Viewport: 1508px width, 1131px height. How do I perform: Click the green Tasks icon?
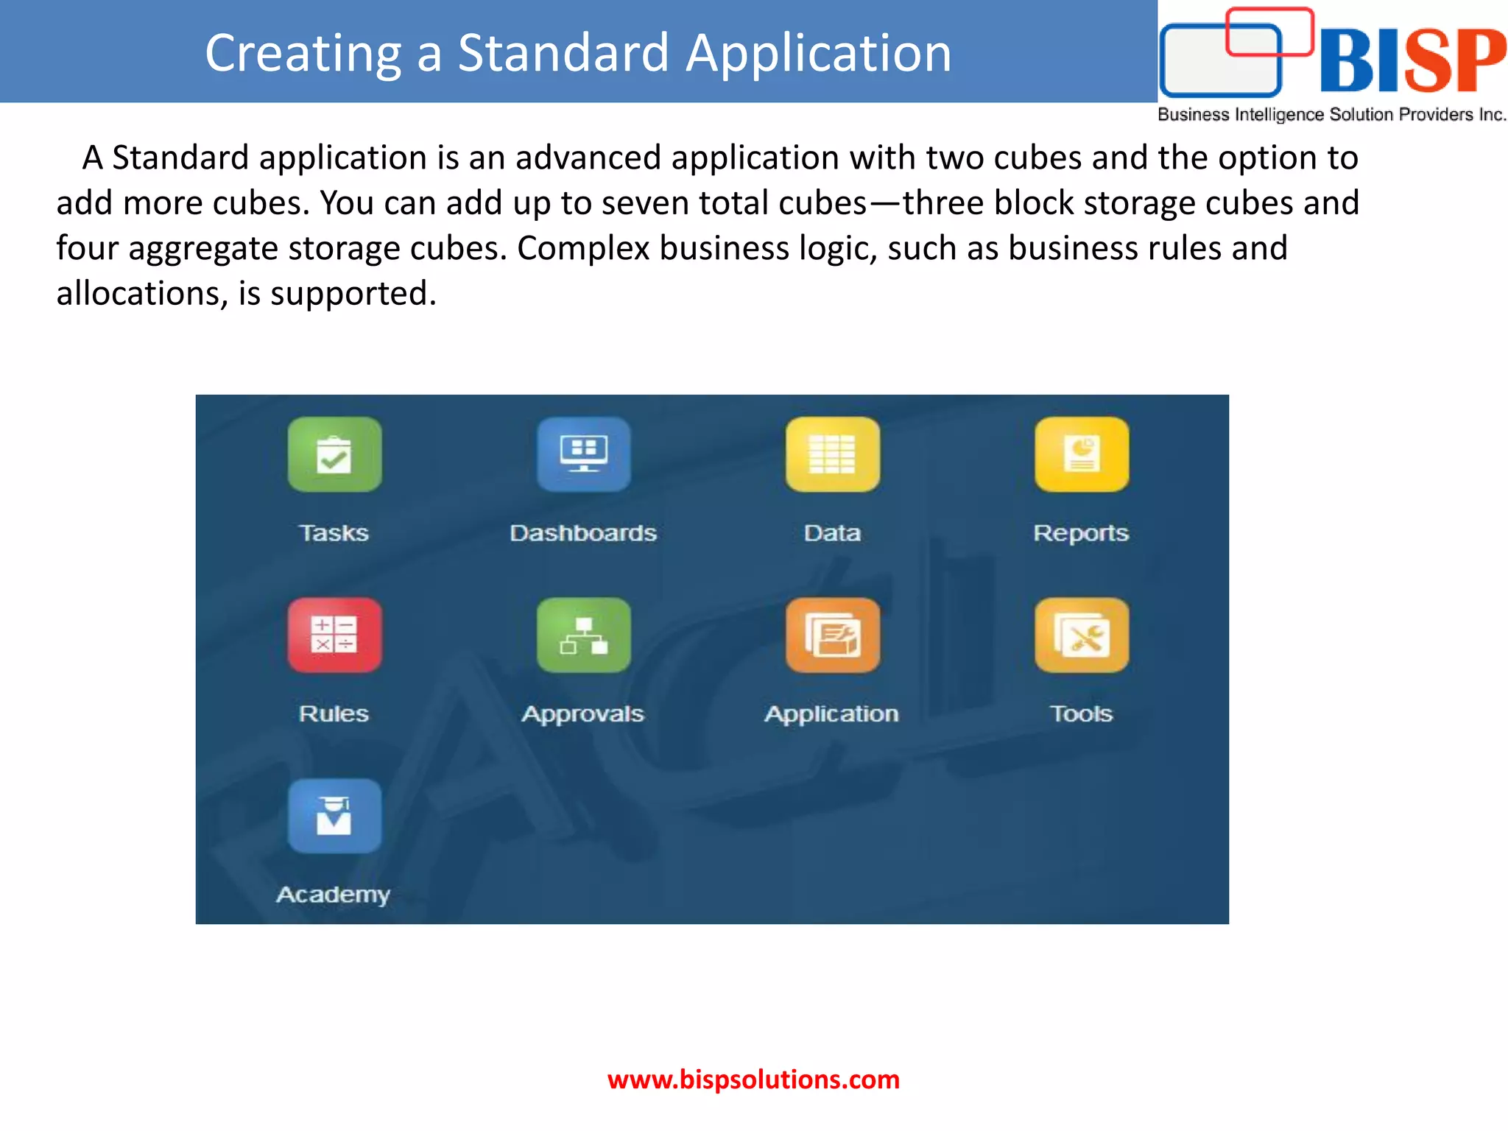334,454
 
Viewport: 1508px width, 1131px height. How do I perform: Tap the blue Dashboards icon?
583,454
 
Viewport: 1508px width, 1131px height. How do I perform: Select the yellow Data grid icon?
832,454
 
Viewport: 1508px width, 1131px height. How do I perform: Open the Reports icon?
1081,454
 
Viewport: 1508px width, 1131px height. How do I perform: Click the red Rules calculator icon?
334,635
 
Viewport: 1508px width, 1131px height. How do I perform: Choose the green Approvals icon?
583,635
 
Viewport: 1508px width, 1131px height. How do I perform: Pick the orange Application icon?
832,635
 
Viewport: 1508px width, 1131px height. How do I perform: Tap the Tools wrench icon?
1081,635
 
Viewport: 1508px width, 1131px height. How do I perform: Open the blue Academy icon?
334,816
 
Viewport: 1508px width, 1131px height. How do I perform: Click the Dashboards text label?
583,532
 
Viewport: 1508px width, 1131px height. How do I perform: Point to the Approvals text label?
583,714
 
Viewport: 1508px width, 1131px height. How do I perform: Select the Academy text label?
333,895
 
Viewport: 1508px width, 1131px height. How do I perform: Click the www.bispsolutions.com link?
753,1079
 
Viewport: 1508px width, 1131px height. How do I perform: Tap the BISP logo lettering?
1412,60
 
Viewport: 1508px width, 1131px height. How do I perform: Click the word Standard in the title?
563,53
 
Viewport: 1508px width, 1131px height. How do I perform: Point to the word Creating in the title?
303,53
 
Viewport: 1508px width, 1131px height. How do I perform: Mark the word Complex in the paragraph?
582,248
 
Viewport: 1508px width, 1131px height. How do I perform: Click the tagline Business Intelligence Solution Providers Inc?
1331,115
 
